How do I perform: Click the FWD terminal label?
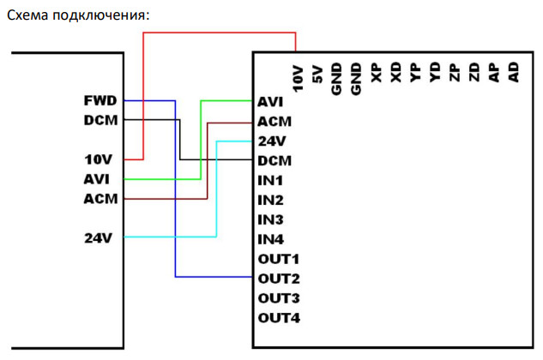coord(102,100)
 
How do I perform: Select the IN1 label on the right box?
coord(270,181)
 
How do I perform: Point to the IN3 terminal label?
coord(270,220)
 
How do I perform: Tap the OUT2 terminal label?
coord(279,279)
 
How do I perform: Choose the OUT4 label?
coord(279,318)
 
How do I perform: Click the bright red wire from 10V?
coord(219,33)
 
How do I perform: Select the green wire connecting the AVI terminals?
coord(200,137)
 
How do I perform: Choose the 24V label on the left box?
coord(100,237)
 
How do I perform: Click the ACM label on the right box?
coord(275,122)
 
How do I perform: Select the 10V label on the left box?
coord(100,159)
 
